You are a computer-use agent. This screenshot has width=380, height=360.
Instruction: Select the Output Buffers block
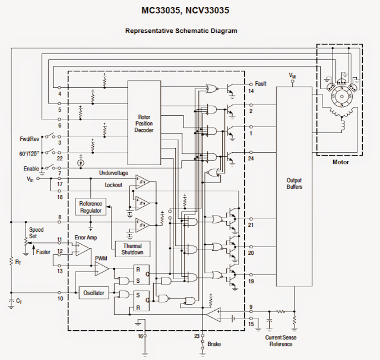click(x=294, y=184)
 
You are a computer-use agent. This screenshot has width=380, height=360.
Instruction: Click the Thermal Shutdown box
click(x=132, y=250)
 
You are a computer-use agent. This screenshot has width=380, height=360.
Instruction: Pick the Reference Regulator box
click(x=91, y=207)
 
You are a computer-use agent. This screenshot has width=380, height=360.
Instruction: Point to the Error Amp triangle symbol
click(x=80, y=248)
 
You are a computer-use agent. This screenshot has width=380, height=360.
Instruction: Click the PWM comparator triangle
click(x=102, y=269)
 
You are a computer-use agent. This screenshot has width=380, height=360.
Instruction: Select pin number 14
click(x=251, y=91)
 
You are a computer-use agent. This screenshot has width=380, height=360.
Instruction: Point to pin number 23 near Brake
click(x=197, y=336)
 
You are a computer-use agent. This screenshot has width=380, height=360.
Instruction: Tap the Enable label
click(x=31, y=169)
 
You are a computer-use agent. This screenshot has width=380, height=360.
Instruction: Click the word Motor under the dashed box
click(x=340, y=162)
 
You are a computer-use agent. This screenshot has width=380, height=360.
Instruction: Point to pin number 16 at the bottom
click(x=140, y=336)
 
